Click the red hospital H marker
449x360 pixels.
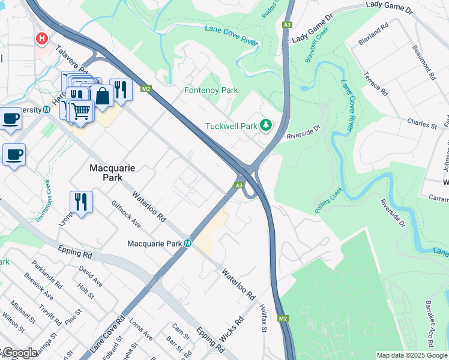(42, 39)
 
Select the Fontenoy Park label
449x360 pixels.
(211, 91)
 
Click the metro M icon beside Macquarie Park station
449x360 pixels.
(188, 244)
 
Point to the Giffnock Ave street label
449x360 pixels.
(126, 214)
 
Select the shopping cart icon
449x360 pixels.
(81, 110)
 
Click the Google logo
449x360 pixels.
(19, 353)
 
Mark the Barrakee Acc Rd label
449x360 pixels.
(430, 332)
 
